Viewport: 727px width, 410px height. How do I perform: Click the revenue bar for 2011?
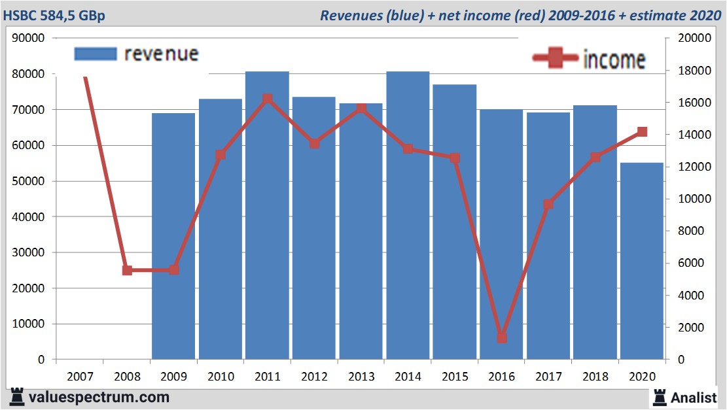[267, 216]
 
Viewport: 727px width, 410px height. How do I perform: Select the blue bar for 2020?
[641, 262]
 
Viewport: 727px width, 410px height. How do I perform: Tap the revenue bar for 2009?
[173, 235]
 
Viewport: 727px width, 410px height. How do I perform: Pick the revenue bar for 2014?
[408, 216]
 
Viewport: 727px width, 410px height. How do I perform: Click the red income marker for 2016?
[501, 337]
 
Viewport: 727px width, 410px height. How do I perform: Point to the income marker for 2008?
[127, 270]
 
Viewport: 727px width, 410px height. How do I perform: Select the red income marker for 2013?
[361, 108]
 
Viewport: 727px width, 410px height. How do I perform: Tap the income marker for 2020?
[642, 132]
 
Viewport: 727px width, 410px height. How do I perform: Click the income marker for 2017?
[548, 204]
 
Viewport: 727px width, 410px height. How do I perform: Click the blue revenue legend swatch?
[96, 54]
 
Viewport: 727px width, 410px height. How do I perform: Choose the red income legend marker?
[555, 59]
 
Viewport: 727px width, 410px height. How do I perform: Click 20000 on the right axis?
[688, 39]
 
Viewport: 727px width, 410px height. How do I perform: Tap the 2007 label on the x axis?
[80, 377]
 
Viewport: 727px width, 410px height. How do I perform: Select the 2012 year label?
[314, 377]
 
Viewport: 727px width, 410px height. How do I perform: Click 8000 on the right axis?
[686, 231]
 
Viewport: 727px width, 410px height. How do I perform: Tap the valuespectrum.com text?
[98, 397]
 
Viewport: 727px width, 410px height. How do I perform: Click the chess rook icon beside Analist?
[660, 396]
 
